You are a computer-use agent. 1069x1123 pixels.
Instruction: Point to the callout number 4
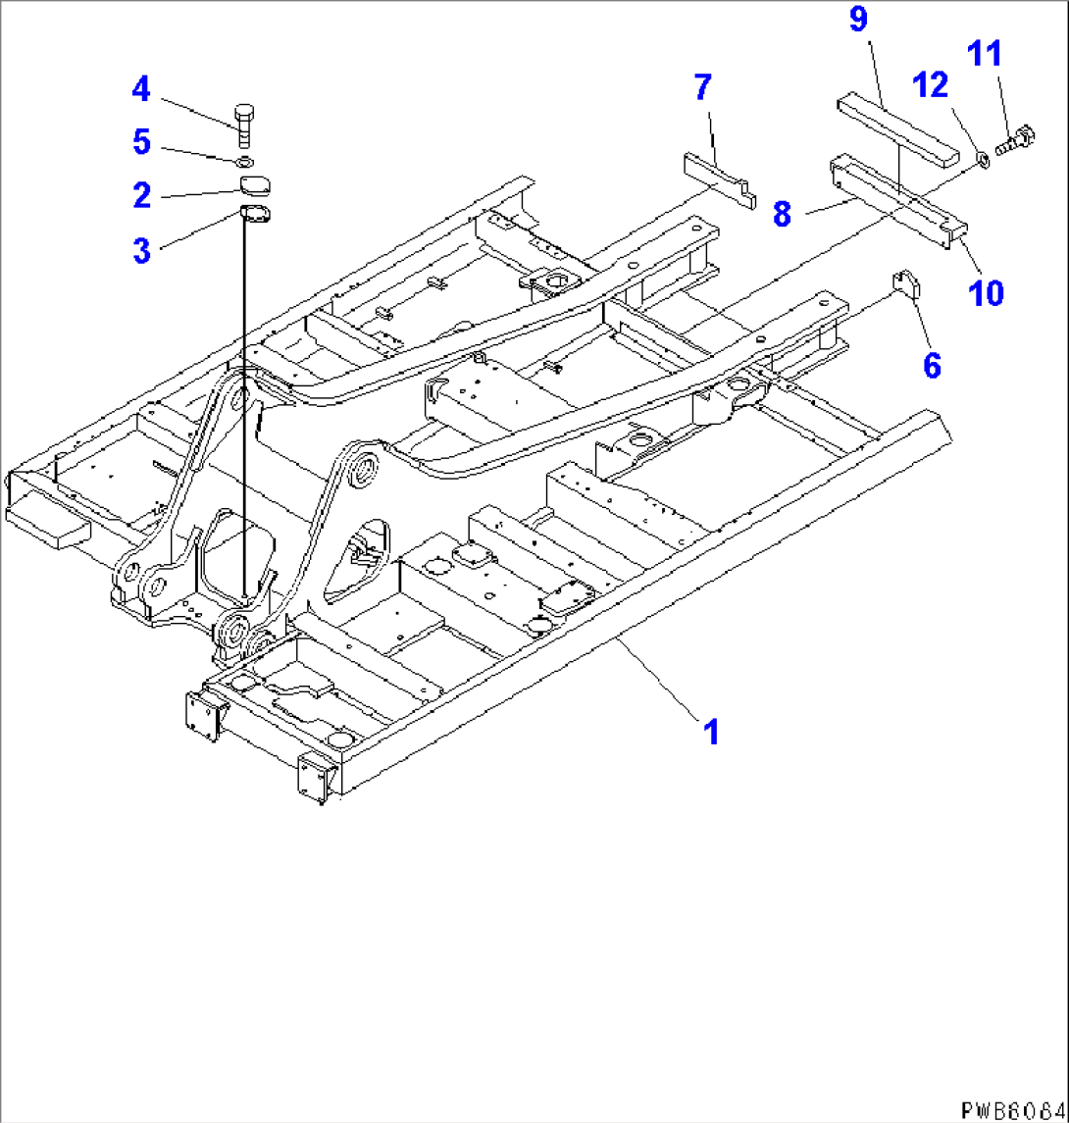[x=142, y=91]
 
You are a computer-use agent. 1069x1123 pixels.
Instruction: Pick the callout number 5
[x=142, y=143]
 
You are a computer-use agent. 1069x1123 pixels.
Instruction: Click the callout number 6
[x=931, y=366]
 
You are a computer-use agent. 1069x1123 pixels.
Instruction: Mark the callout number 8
[x=781, y=215]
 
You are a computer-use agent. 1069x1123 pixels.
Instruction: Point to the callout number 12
[x=934, y=87]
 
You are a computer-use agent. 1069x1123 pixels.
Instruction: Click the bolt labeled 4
[x=244, y=119]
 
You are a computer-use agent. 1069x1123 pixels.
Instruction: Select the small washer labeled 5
[x=245, y=161]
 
